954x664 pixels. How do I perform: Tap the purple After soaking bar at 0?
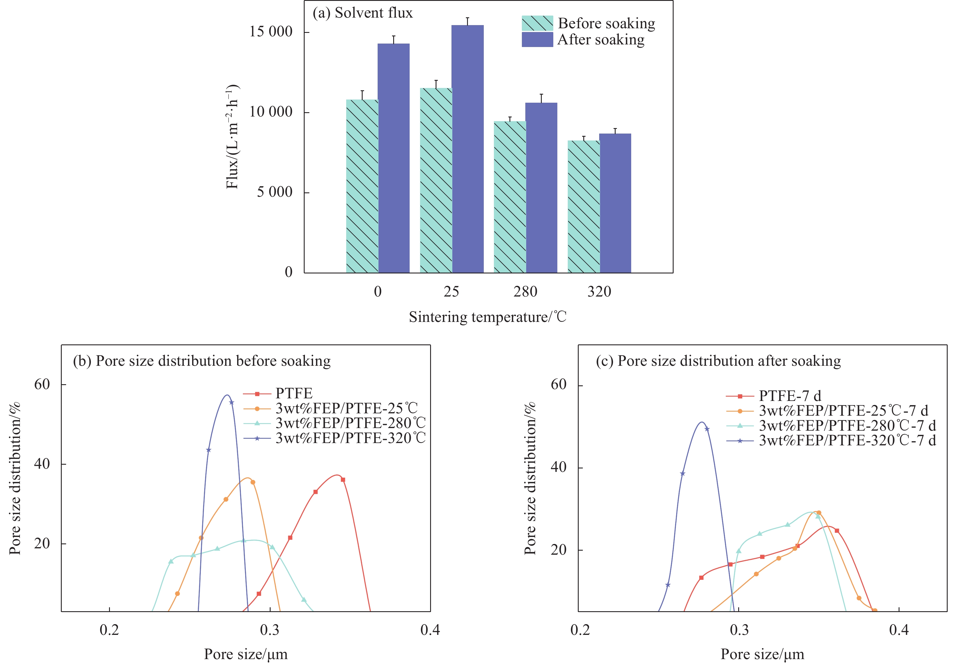click(x=393, y=158)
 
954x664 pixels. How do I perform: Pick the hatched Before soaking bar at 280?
click(x=509, y=197)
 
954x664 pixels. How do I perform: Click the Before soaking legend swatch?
click(x=537, y=23)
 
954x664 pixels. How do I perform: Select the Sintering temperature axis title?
click(x=488, y=317)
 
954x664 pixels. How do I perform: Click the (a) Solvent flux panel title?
click(x=362, y=13)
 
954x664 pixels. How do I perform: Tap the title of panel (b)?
click(x=202, y=361)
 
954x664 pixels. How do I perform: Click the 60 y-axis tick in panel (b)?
click(x=42, y=384)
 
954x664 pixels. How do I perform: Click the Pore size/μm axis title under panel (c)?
click(x=762, y=654)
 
